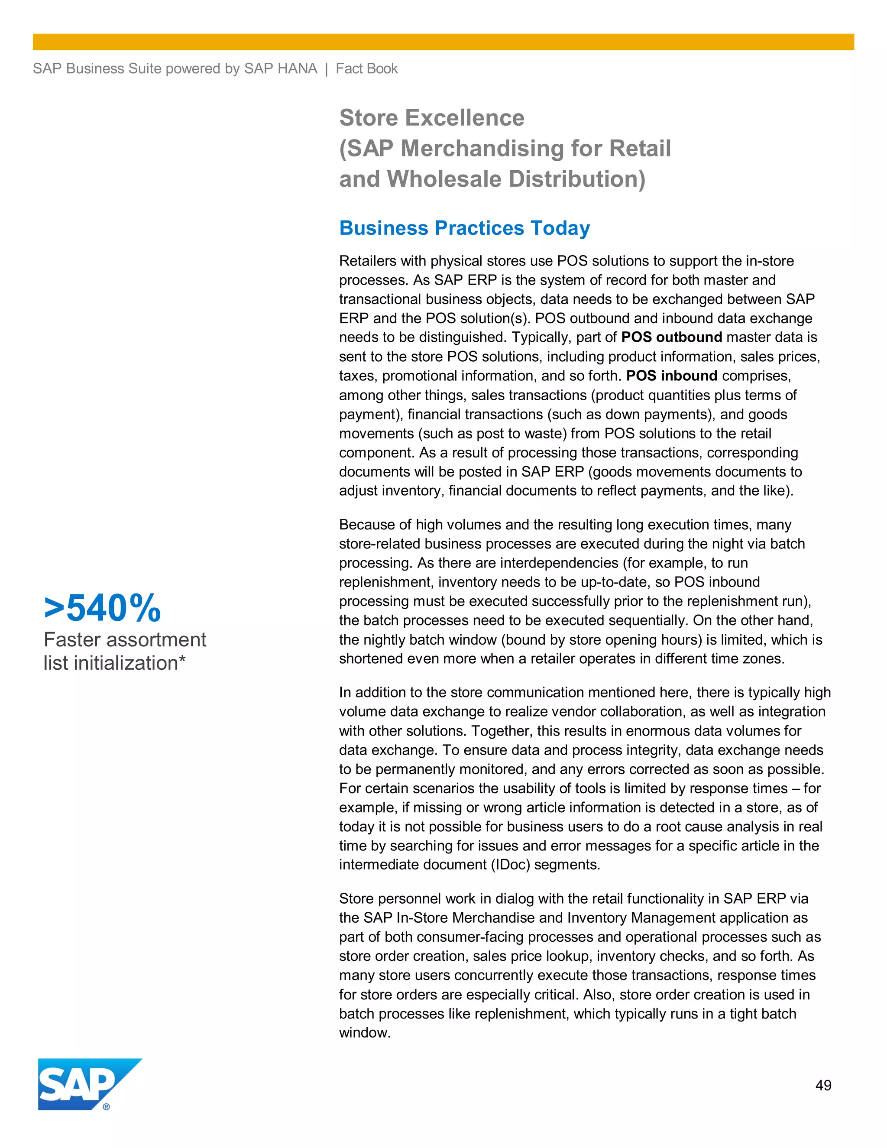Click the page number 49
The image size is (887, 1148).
point(823,1086)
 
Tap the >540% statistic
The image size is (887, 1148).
point(103,608)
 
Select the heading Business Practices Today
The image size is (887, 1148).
point(465,228)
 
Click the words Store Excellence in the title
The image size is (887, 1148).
point(431,118)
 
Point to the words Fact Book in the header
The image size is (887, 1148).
point(367,69)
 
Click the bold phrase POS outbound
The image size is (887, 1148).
point(672,337)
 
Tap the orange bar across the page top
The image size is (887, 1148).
point(443,42)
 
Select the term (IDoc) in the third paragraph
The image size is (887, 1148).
point(510,865)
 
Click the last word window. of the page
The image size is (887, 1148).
point(365,1033)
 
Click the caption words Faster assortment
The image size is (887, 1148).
point(125,640)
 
